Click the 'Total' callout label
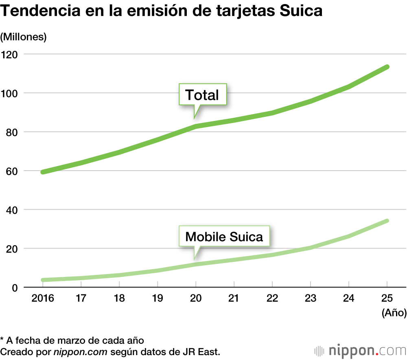tap(202, 95)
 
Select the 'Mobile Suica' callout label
tap(224, 237)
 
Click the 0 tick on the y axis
tap(15, 288)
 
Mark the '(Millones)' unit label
tap(24, 37)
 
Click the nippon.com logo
tap(360, 350)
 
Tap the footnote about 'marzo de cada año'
tap(72, 340)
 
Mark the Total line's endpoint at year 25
tap(387, 67)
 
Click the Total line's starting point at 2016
tap(42, 172)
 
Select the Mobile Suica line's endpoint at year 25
tap(387, 221)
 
